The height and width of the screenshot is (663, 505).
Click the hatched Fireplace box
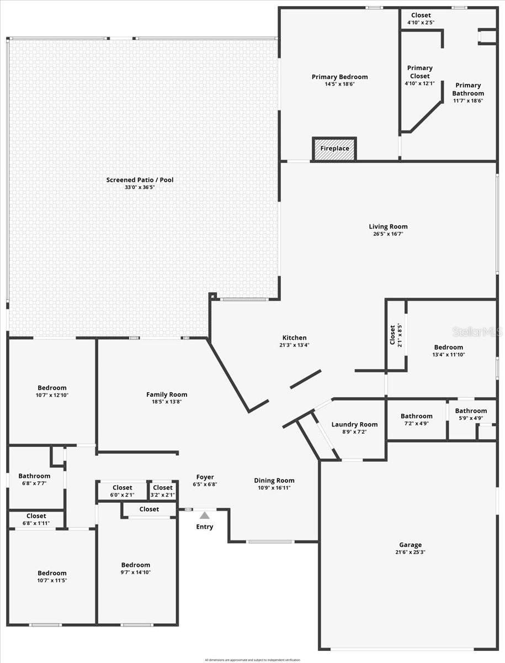334,149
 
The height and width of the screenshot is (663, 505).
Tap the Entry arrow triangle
204,515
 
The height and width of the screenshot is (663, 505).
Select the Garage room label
410,544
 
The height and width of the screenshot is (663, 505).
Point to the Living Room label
388,227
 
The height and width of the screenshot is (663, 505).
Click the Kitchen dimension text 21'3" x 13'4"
295,345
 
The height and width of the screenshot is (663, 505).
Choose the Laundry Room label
354,424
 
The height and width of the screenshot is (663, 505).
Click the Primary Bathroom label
468,90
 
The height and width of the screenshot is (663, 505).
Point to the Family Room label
167,394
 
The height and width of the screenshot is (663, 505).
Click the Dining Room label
274,480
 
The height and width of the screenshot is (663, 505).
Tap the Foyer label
205,477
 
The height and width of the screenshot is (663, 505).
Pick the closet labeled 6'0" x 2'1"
123,491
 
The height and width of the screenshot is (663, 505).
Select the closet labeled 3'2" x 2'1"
163,491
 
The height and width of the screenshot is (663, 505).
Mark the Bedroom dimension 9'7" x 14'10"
136,572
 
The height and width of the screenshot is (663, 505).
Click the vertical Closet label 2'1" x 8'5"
392,335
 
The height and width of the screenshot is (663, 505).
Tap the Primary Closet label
419,72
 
